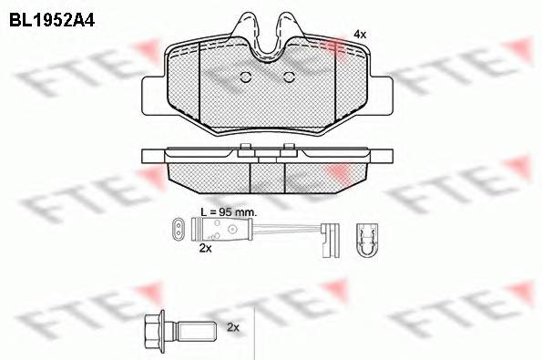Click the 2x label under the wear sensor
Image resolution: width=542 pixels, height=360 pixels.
205,247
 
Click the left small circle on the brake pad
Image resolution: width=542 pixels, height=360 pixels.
243,77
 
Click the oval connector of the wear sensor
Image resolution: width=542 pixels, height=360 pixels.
183,228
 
